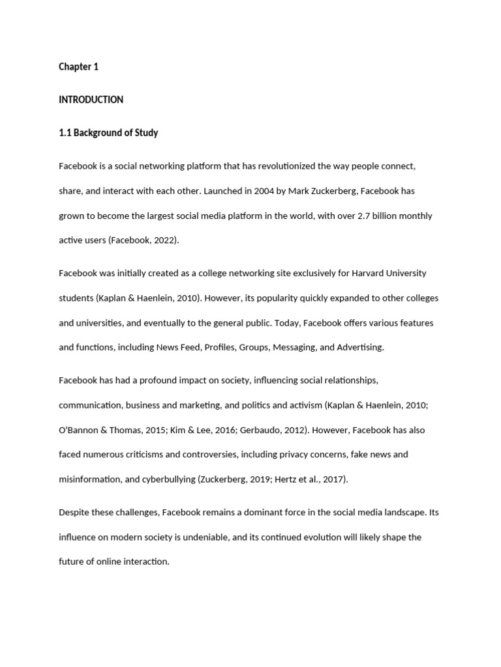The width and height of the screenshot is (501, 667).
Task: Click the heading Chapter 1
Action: coord(78,67)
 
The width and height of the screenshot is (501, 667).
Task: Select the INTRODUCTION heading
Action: coord(91,100)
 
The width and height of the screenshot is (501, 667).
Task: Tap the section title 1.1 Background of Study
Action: coord(108,133)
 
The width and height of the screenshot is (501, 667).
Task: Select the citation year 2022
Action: coord(163,240)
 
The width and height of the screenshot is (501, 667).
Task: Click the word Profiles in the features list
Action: coord(219,347)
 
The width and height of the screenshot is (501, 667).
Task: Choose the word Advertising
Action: coord(360,347)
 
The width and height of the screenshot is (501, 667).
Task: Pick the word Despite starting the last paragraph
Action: coord(73,513)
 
